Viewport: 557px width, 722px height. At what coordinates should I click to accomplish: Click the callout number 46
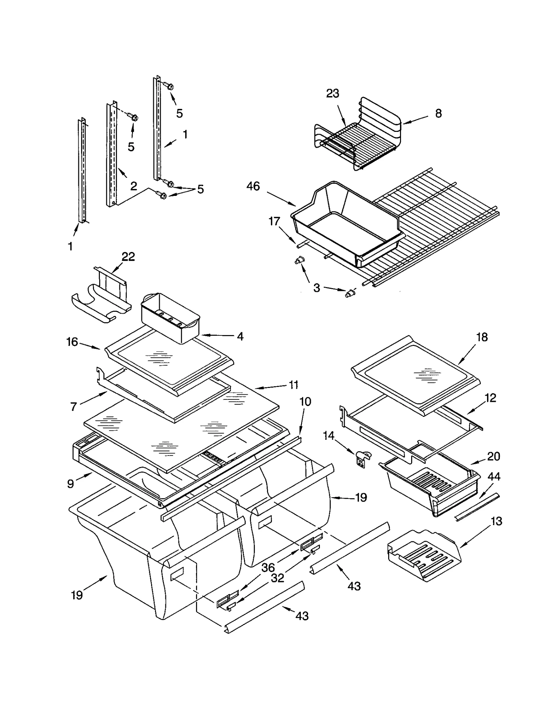[x=253, y=186]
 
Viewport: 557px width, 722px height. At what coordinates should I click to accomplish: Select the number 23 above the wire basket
[x=332, y=93]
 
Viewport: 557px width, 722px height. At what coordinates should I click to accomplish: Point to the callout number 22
[x=128, y=256]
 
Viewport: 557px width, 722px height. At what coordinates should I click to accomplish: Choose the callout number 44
[x=494, y=476]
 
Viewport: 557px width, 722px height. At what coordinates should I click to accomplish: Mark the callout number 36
[x=268, y=568]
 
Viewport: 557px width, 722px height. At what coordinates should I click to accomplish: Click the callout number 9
[x=71, y=484]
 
